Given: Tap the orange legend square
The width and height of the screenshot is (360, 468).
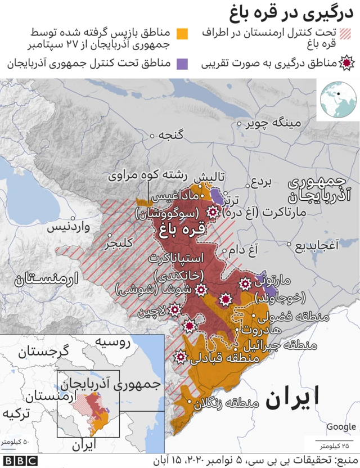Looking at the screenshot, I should point(182,34).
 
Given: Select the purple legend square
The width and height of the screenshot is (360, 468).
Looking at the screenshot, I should point(182,63).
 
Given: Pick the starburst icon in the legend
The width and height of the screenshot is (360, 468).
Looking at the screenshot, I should point(347,63).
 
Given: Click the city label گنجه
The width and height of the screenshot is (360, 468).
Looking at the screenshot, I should point(172,136).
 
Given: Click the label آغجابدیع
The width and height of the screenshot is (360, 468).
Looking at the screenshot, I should point(319,246).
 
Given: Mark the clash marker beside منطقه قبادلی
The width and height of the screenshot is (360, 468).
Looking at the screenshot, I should point(181,357).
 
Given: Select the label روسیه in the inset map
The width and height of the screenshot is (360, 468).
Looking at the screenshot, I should point(112,341).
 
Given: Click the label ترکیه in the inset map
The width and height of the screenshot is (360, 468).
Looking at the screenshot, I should point(16,413).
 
